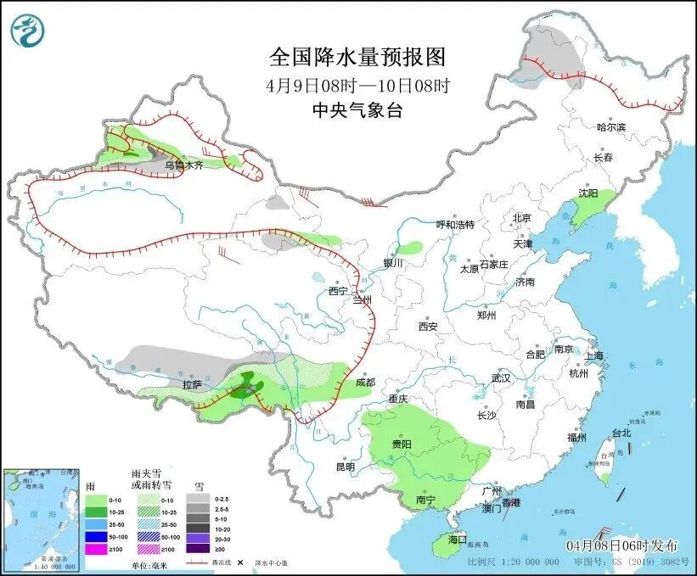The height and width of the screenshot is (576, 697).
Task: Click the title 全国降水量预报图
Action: pyautogui.click(x=357, y=57)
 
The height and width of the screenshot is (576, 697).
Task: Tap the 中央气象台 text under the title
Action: pyautogui.click(x=357, y=109)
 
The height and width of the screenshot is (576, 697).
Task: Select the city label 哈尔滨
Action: pyautogui.click(x=610, y=127)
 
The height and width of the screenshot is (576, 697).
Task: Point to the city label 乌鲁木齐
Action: pyautogui.click(x=184, y=165)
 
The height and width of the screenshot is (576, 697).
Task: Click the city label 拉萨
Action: pyautogui.click(x=192, y=384)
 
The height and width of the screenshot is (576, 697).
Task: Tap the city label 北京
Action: pyautogui.click(x=521, y=218)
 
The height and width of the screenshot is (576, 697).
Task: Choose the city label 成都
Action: pyautogui.click(x=364, y=383)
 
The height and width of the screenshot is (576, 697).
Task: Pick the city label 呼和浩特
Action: pyautogui.click(x=455, y=225)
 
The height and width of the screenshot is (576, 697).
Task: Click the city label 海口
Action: pyautogui.click(x=458, y=540)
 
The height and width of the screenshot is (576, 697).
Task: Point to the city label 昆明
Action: pyautogui.click(x=345, y=467)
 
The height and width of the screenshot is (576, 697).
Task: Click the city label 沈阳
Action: pyautogui.click(x=588, y=193)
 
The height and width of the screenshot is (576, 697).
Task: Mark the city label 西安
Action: pyautogui.click(x=427, y=327)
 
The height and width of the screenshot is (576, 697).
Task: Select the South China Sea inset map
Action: pyautogui.click(x=42, y=519)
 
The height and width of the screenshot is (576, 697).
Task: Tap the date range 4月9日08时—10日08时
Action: pyautogui.click(x=357, y=85)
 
